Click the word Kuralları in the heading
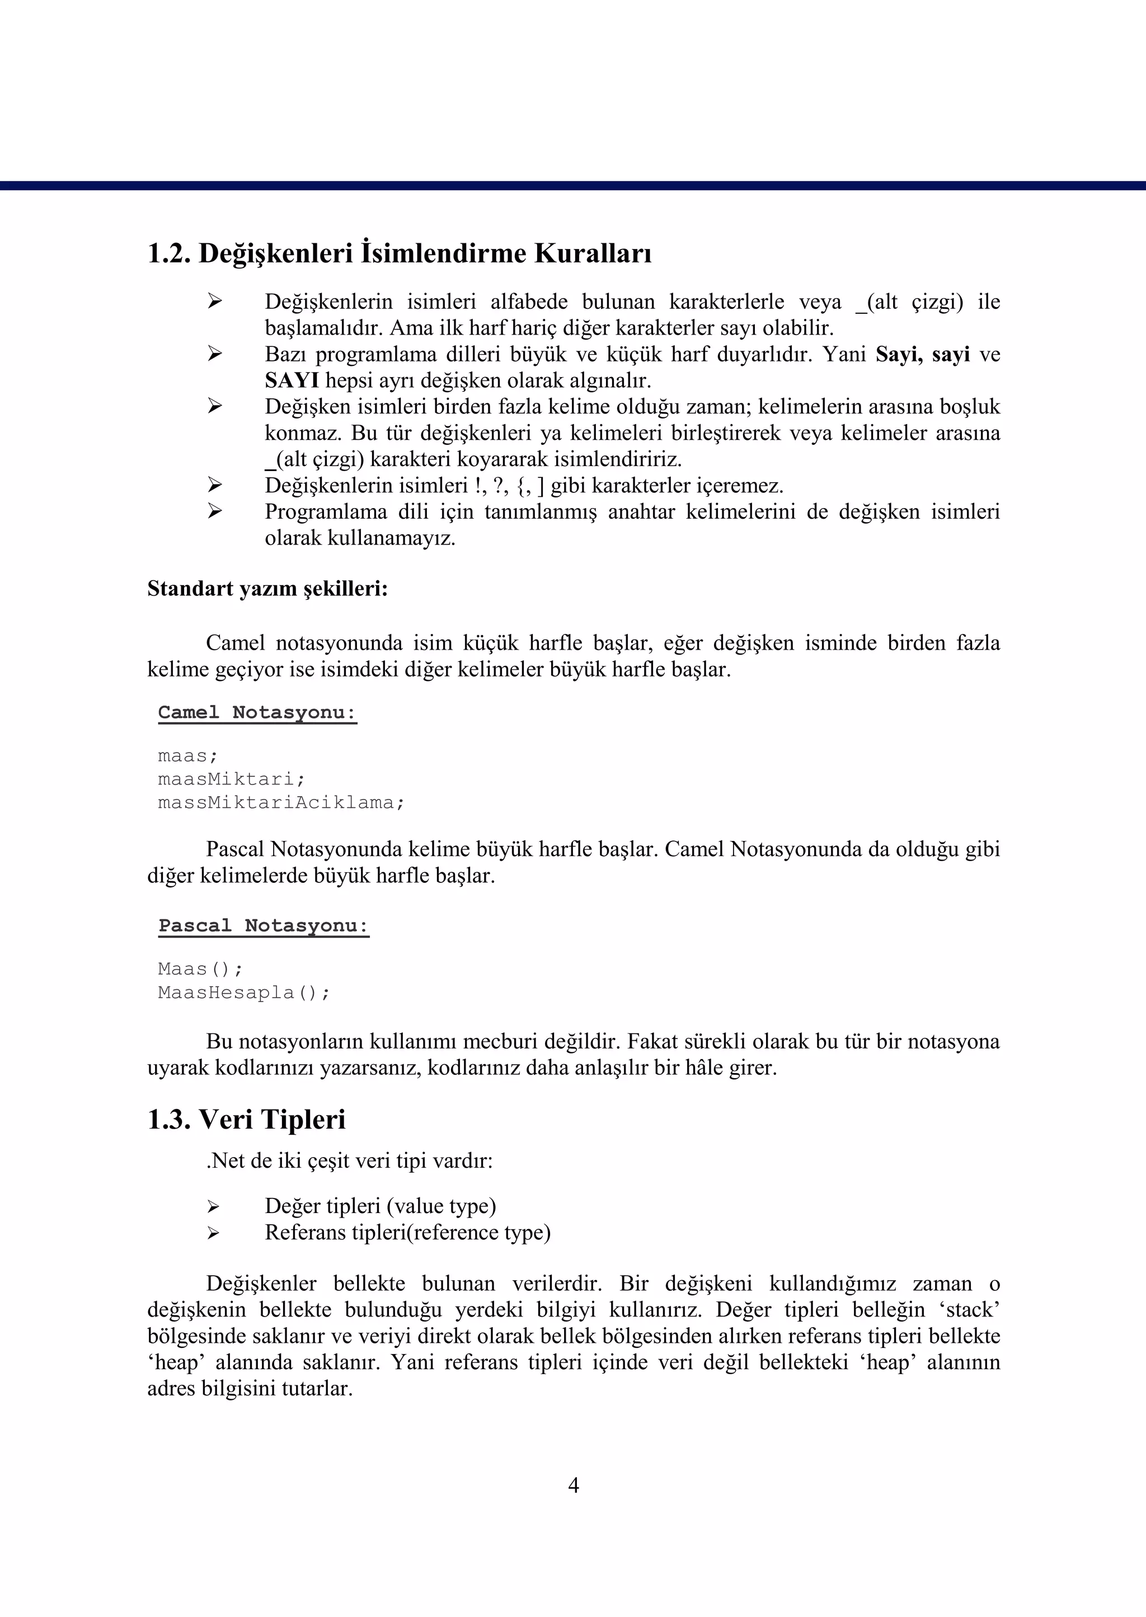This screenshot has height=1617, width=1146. pyautogui.click(x=593, y=254)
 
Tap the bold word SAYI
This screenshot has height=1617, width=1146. pyautogui.click(x=292, y=381)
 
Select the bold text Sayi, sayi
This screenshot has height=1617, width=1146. pyautogui.click(x=922, y=354)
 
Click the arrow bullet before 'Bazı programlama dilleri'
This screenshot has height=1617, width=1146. pyautogui.click(x=214, y=354)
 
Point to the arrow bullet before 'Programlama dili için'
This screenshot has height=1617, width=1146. pyautogui.click(x=214, y=511)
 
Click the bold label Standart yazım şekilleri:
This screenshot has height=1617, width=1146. pyautogui.click(x=267, y=589)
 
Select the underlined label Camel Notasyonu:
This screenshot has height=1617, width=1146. pyautogui.click(x=257, y=713)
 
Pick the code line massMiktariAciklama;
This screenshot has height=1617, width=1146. pyautogui.click(x=281, y=803)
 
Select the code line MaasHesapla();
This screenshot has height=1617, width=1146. pyautogui.click(x=243, y=993)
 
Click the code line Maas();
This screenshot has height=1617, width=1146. pyautogui.click(x=200, y=969)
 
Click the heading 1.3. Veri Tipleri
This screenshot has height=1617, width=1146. pyautogui.click(x=246, y=1120)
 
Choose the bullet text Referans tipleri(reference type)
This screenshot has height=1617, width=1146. pyautogui.click(x=407, y=1233)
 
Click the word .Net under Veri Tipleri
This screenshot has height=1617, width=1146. pyautogui.click(x=224, y=1161)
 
